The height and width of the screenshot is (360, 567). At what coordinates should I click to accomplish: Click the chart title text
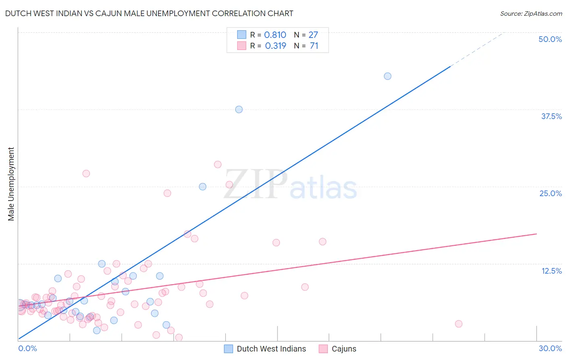pos(149,13)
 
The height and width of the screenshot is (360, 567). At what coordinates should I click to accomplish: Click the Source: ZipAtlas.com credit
pos(531,13)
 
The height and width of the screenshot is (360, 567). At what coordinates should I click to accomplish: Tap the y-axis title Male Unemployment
pos(11,184)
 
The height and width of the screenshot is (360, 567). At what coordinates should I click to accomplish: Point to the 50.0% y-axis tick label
pos(550,39)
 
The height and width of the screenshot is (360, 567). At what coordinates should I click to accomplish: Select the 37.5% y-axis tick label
pos(551,116)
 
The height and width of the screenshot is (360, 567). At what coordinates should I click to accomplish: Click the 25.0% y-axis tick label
pos(550,193)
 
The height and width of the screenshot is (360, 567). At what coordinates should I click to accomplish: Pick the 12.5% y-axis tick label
pos(551,271)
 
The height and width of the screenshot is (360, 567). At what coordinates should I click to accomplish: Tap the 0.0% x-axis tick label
pos(27,348)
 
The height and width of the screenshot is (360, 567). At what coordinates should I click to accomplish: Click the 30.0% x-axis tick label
pos(550,348)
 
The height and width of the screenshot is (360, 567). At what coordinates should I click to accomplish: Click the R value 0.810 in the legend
pos(275,35)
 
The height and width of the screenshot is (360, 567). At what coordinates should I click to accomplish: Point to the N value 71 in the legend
pos(314,46)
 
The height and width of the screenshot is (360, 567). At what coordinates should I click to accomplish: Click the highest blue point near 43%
pos(388,76)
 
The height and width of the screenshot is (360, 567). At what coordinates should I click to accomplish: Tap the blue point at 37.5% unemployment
pos(239,109)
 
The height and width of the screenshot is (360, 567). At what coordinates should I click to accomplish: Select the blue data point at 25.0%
pos(202,186)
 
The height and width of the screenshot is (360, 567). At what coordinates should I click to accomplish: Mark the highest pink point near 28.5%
pos(218,164)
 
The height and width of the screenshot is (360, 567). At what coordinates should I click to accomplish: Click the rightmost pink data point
pos(459,324)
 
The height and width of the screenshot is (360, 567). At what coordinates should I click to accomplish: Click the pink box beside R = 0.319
pos(242,46)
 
